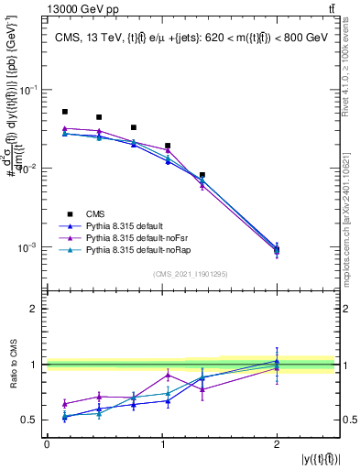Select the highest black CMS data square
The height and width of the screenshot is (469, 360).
click(x=65, y=112)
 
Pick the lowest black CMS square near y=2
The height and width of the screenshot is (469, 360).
click(x=277, y=250)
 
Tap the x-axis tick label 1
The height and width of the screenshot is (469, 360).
click(x=162, y=444)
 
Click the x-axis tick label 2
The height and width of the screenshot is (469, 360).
click(x=277, y=444)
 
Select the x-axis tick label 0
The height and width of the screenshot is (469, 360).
click(x=47, y=444)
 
